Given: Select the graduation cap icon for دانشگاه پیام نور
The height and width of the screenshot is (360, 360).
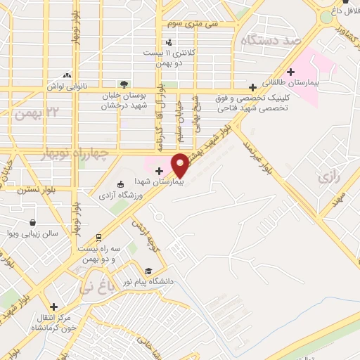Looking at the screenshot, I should pyautogui.click(x=148, y=271).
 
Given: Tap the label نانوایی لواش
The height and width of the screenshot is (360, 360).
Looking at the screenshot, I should pyautogui.click(x=66, y=86).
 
